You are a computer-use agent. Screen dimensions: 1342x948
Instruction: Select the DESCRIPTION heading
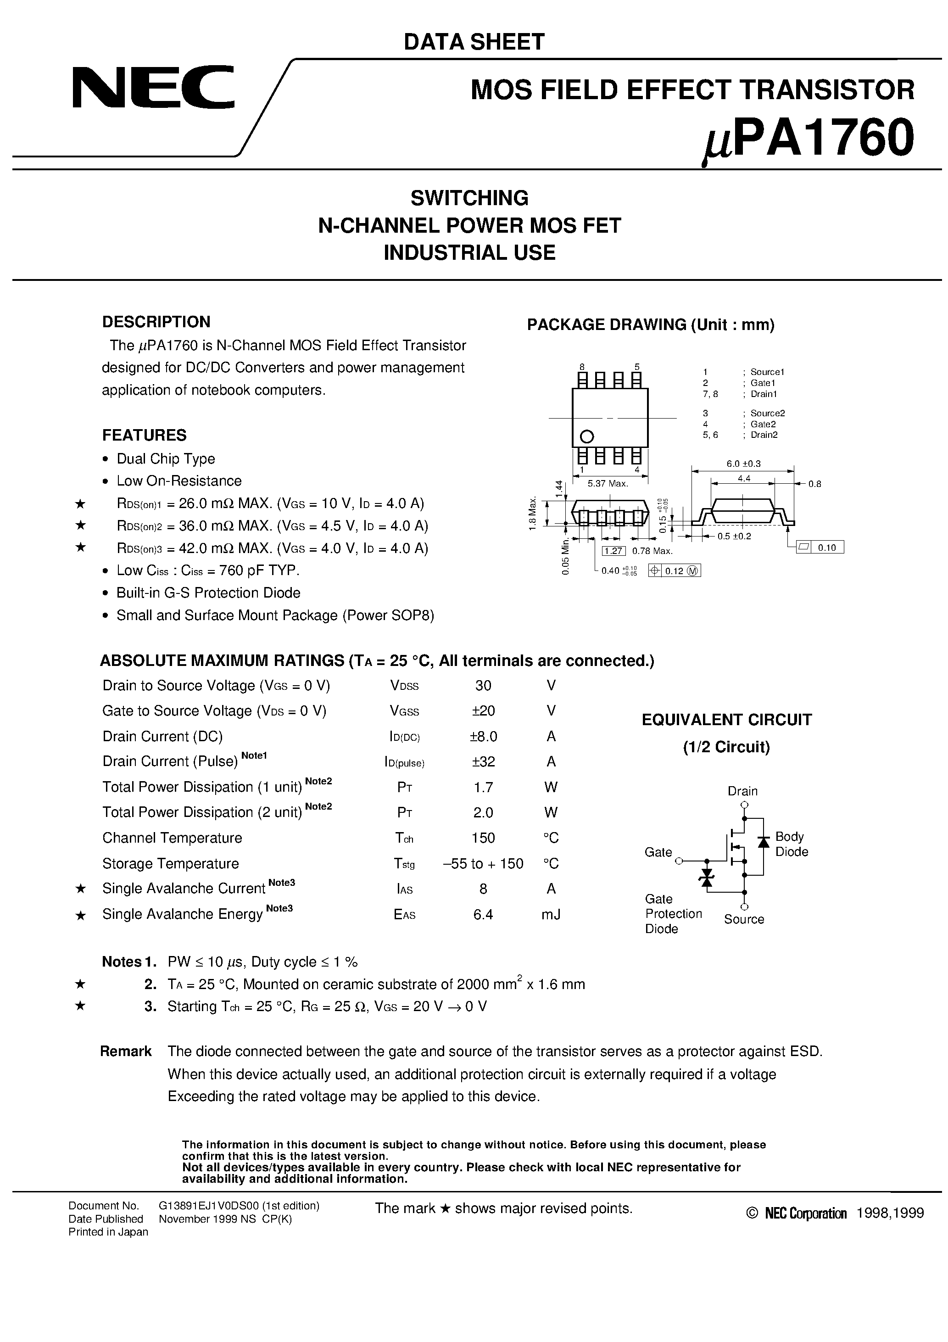[156, 322]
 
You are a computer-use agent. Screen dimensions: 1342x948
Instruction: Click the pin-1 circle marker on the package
[587, 436]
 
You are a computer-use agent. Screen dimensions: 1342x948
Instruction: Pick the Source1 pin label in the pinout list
[767, 372]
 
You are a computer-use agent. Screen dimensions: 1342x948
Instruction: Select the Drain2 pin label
[764, 435]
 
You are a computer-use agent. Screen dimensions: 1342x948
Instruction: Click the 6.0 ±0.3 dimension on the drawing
[743, 464]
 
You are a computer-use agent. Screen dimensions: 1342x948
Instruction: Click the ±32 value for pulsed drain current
[483, 761]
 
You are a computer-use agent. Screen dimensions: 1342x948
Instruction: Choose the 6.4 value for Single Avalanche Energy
[483, 914]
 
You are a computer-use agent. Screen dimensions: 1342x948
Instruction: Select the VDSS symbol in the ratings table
[404, 686]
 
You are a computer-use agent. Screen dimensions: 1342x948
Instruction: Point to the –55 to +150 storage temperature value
[483, 863]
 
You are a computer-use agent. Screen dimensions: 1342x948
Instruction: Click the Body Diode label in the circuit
[792, 844]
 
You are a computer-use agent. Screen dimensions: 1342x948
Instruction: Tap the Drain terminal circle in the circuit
[744, 805]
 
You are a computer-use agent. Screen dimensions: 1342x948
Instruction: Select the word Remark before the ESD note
[126, 1051]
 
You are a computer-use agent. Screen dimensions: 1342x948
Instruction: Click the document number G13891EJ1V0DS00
[239, 1205]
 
